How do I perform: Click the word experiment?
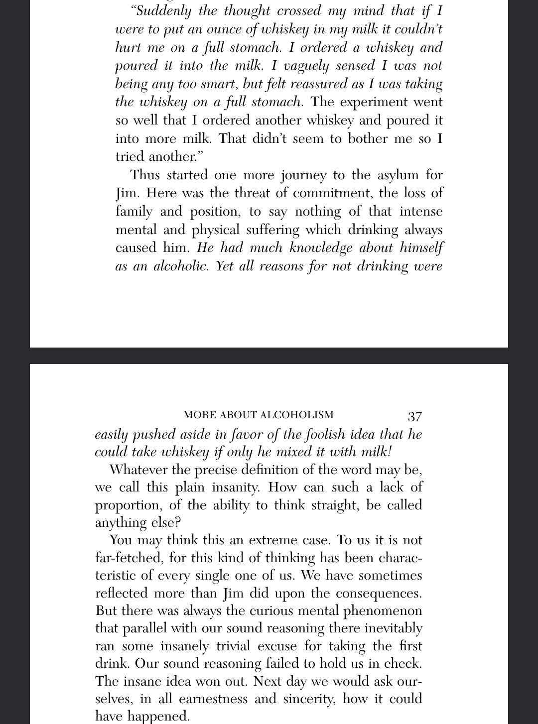[375, 102]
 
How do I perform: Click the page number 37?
[414, 416]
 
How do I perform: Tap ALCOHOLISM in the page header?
[297, 415]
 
